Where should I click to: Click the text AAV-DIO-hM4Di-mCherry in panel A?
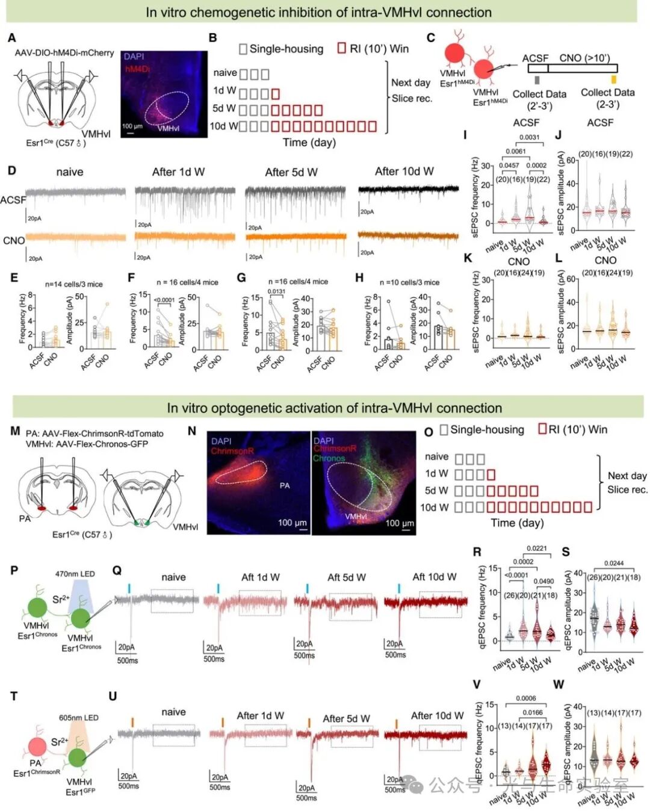coord(64,53)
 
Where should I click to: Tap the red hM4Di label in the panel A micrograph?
coord(137,69)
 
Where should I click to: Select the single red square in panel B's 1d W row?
coord(276,94)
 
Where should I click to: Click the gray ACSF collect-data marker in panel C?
coord(537,79)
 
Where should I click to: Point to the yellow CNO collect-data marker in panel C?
coord(613,79)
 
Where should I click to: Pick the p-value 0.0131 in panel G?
coord(276,292)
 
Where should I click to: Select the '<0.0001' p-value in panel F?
coord(164,300)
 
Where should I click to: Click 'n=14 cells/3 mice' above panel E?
coord(73,283)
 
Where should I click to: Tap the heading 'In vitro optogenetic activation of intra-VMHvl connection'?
coord(334,408)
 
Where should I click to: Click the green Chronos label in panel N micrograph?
coord(329,458)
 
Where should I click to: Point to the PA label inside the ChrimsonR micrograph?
coord(285,485)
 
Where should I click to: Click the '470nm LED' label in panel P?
coord(75,574)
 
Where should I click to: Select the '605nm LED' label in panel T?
coord(78,718)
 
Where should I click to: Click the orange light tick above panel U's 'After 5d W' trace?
coord(309,722)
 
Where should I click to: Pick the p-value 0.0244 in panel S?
coord(613,564)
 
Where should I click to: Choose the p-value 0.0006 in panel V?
coord(525,698)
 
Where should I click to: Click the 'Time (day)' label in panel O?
coord(517,523)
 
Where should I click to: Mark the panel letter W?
coord(559,685)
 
